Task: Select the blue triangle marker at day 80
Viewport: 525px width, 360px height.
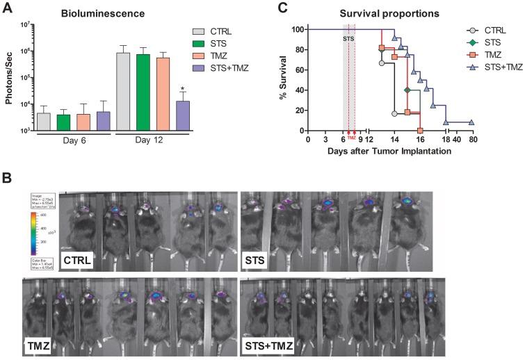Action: [x=472, y=122]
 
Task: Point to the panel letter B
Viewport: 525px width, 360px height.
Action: [x=6, y=177]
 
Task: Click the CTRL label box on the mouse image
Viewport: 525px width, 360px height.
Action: [x=79, y=260]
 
